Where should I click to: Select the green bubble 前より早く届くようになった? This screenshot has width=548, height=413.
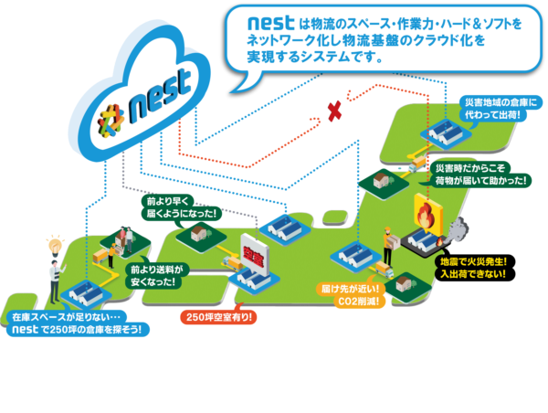(x=180, y=206)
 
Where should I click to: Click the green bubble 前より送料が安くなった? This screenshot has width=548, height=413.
(x=157, y=276)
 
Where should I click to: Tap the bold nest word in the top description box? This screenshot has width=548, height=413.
(x=265, y=21)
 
